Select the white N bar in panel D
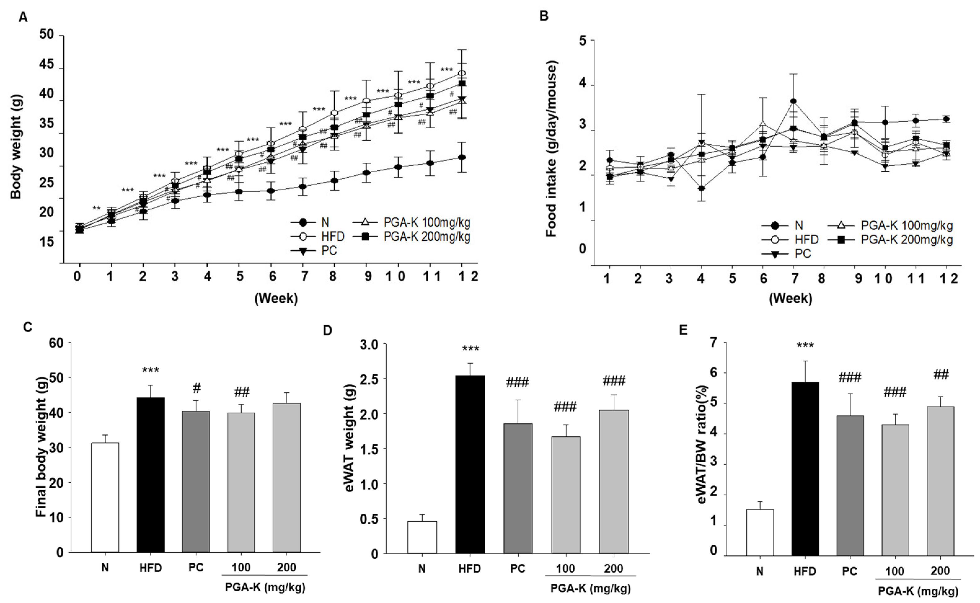(422, 537)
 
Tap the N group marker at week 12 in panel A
(461, 157)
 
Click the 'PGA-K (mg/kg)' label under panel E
(918, 591)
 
